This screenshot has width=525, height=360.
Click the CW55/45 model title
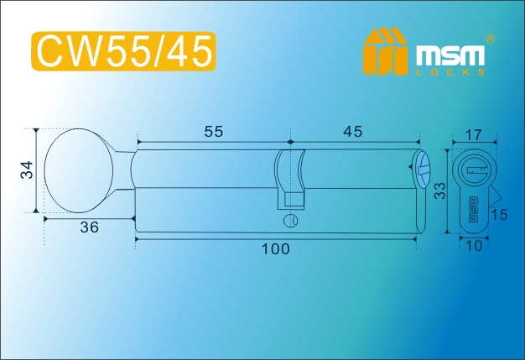coord(124,51)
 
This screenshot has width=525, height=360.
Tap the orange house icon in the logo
coord(385,51)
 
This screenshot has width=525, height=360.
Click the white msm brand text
coord(450,55)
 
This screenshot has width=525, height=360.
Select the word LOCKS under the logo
coord(450,72)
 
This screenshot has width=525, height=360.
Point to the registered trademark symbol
coord(490,39)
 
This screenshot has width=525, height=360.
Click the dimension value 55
coord(214,132)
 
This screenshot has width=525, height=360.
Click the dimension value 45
coord(352,132)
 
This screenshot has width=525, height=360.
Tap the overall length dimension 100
coord(276,249)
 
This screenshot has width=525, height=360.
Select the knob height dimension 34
coord(27,170)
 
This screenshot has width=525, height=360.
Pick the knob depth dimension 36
coord(90,227)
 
